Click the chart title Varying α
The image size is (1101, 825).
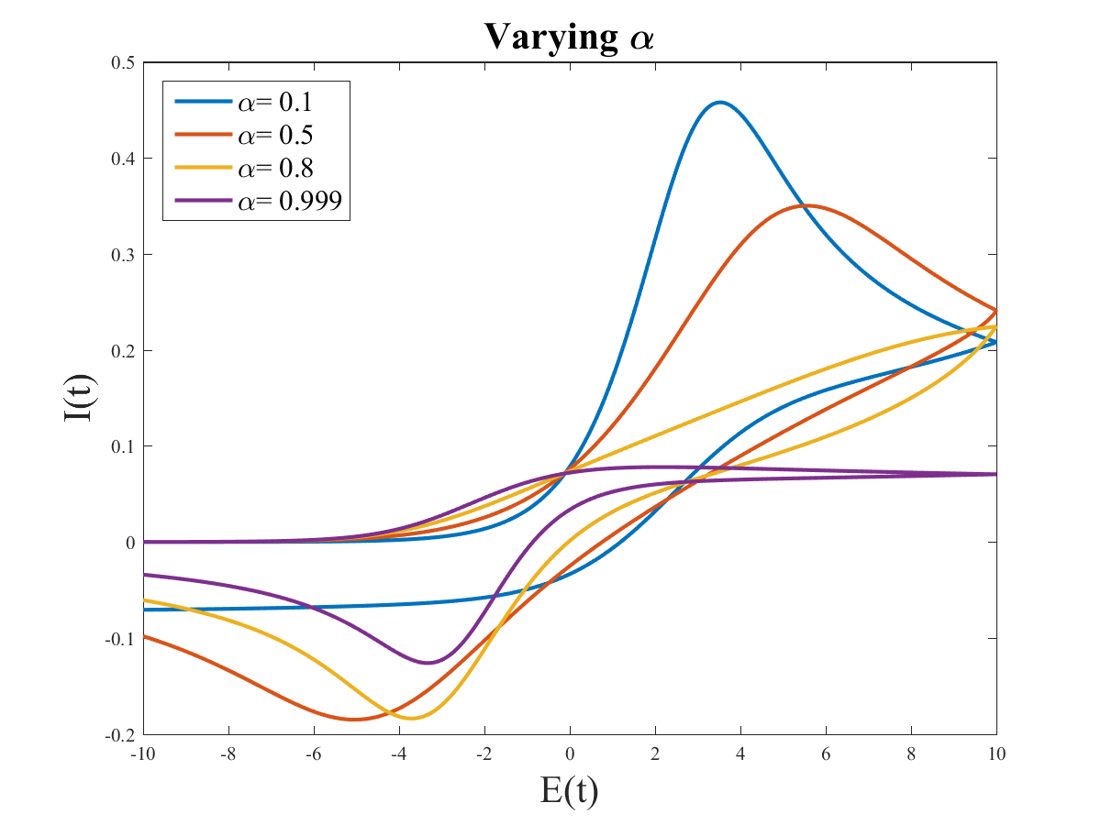[569, 37]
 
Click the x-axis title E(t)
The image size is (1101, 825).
[569, 790]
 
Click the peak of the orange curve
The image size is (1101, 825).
[806, 205]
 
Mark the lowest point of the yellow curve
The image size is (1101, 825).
[410, 718]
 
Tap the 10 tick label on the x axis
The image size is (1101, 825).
[996, 754]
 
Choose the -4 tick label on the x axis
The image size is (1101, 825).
[398, 754]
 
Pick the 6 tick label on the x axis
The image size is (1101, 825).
[826, 754]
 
